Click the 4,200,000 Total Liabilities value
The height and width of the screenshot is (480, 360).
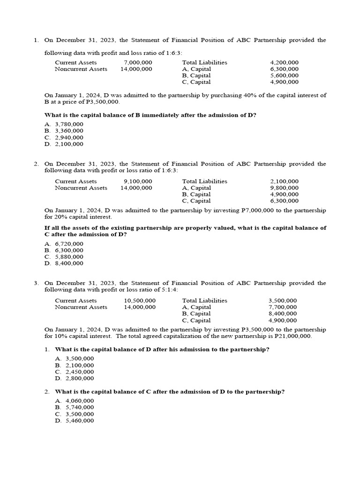pos(284,62)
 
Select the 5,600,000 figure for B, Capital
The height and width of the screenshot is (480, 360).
pos(284,75)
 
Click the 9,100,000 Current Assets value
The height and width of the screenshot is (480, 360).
pos(138,181)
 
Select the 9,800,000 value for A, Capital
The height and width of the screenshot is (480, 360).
pos(284,188)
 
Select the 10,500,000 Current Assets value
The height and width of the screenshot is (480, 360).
pos(140,300)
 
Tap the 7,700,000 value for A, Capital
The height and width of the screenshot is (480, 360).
pos(282,307)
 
